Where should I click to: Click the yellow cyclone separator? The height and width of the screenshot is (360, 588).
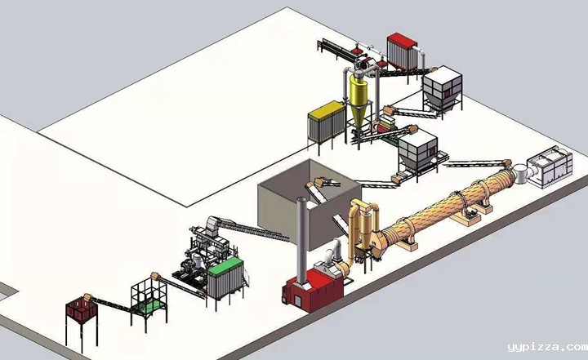359,100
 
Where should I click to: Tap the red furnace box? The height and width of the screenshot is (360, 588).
314,289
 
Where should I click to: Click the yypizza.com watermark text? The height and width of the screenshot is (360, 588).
547,347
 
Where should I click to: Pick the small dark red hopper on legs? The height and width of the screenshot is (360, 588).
82,309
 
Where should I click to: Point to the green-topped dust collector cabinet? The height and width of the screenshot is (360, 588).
225,278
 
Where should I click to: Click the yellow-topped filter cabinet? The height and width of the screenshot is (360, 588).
326,121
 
